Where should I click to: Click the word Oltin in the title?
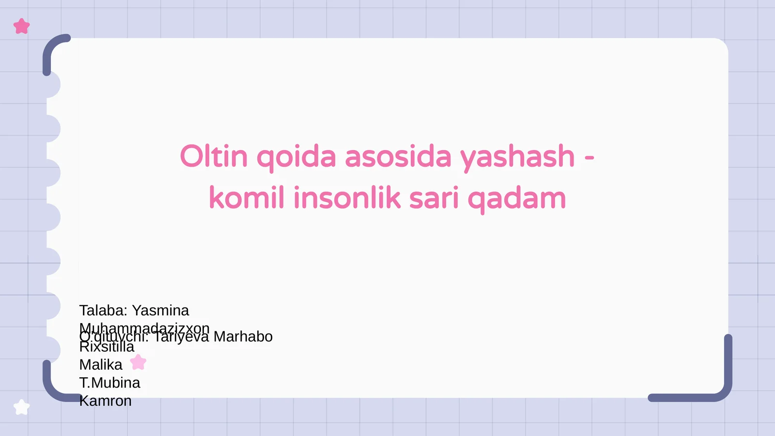click(214, 156)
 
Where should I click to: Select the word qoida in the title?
click(296, 157)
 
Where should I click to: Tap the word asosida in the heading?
click(398, 156)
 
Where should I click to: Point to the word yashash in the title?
click(517, 157)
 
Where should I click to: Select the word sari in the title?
click(434, 198)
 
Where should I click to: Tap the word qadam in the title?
click(516, 199)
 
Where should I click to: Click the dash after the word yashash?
click(589, 157)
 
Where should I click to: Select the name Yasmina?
click(160, 310)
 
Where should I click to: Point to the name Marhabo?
click(243, 336)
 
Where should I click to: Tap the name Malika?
click(101, 364)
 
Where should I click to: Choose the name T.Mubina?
click(109, 383)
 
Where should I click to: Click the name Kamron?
click(105, 401)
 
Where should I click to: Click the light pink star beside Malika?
click(138, 362)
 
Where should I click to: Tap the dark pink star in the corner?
click(21, 26)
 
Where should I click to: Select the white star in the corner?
click(21, 407)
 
